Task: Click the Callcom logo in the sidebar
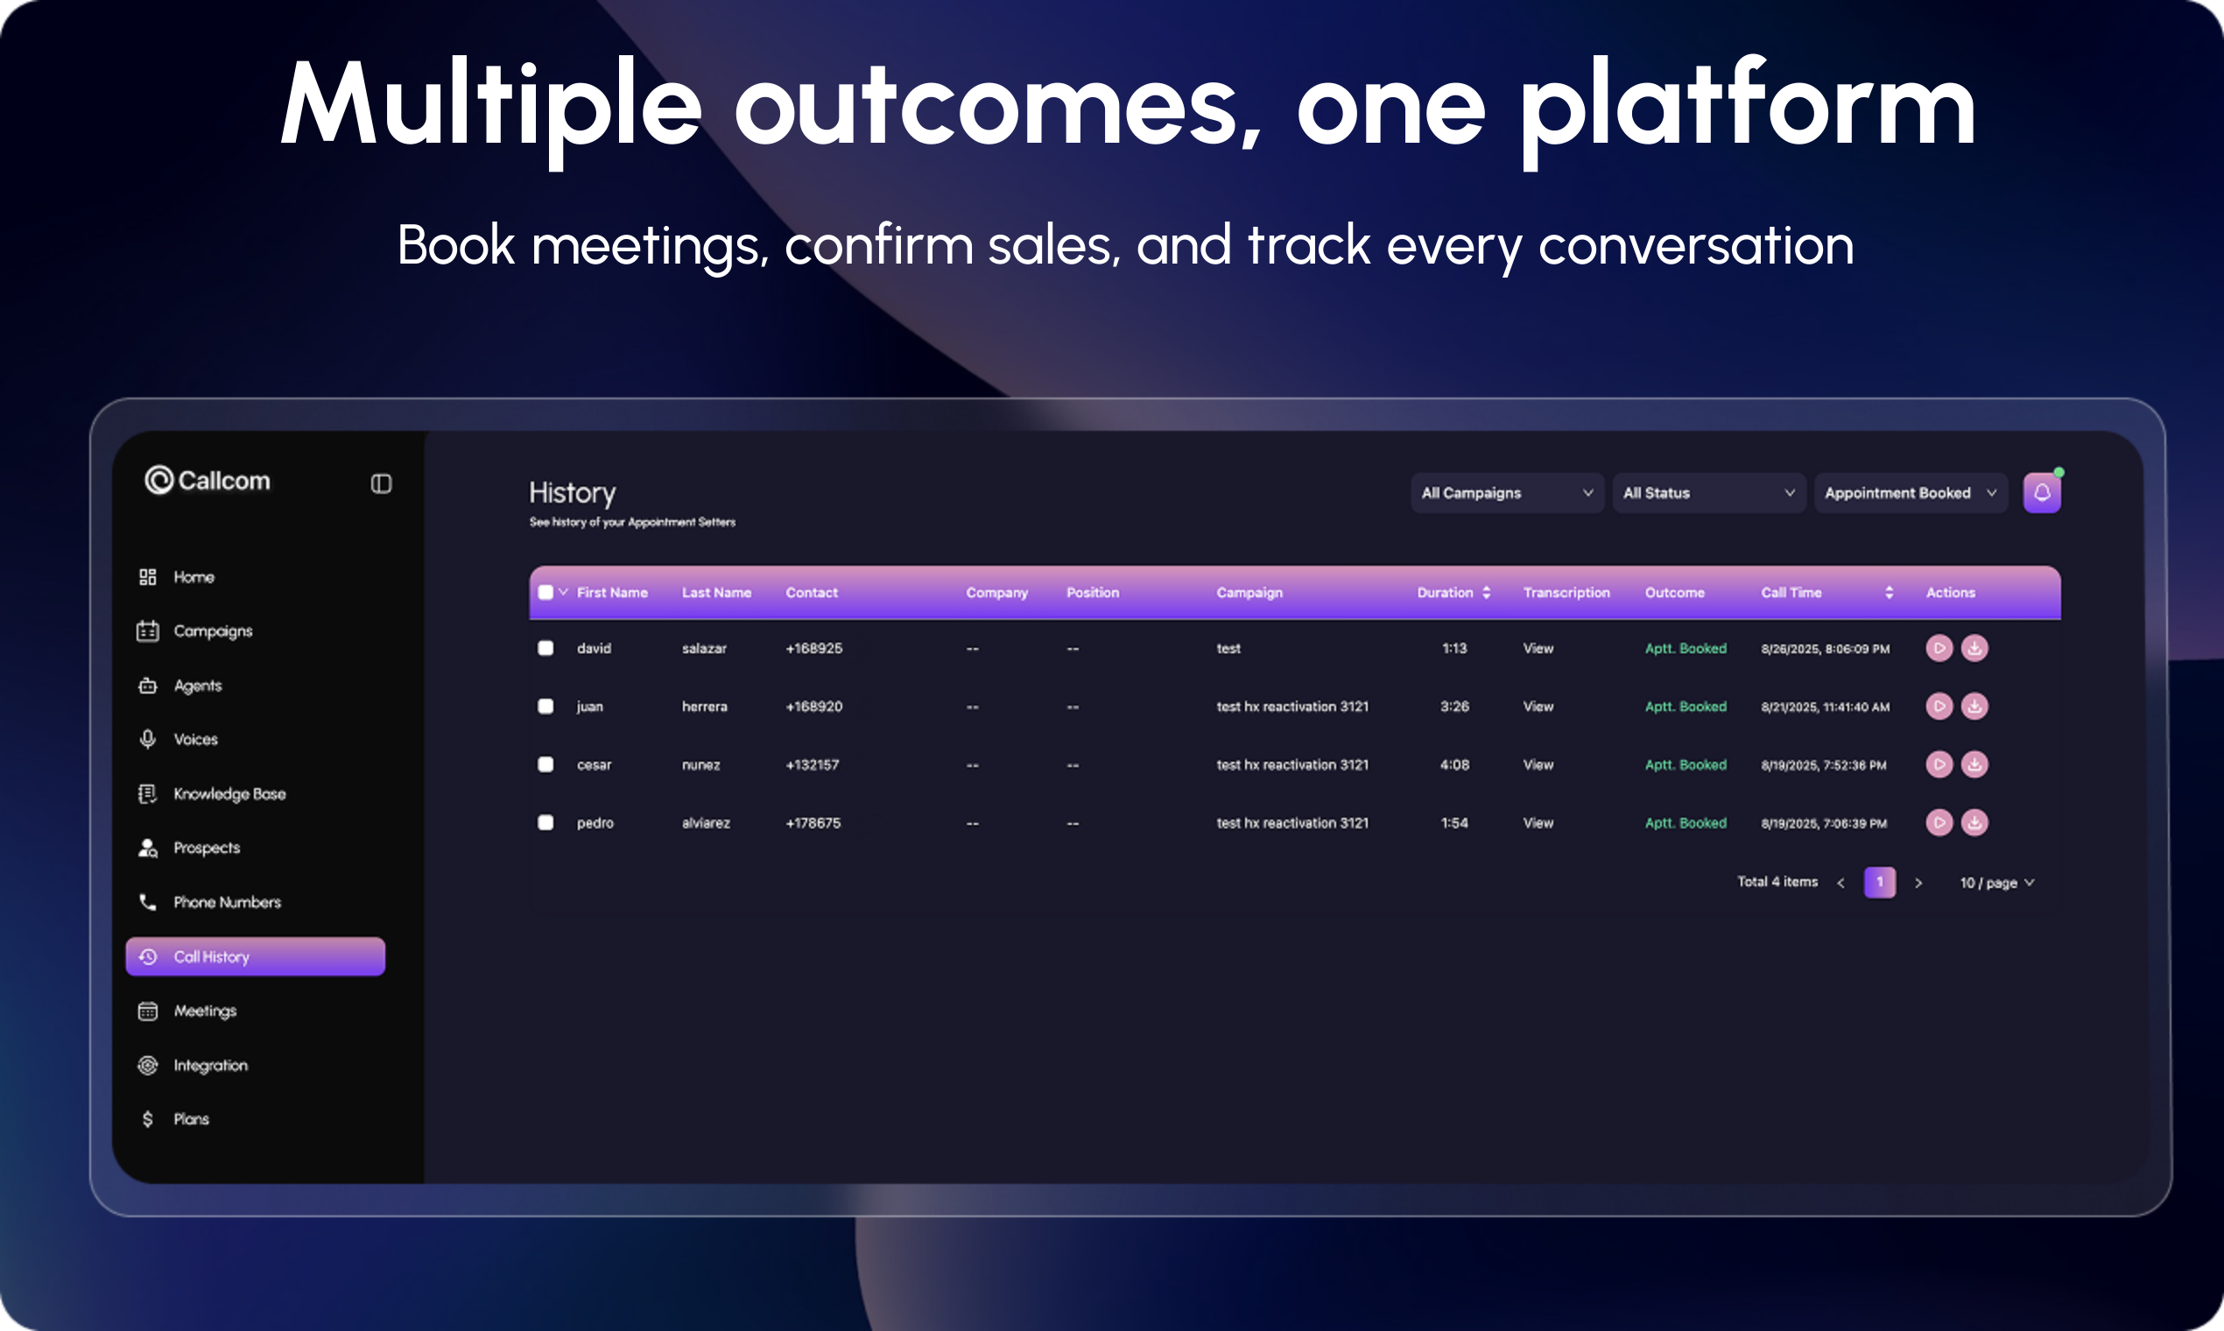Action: (208, 481)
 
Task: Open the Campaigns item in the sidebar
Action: (194, 630)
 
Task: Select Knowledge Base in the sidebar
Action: (212, 793)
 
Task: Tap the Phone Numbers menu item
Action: (209, 902)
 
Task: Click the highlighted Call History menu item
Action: (256, 957)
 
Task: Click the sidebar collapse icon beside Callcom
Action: (381, 484)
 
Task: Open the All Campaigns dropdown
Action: (1507, 493)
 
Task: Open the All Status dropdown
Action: (1709, 493)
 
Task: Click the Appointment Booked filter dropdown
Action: (1911, 493)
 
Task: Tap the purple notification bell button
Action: (2042, 493)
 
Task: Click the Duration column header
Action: (1453, 593)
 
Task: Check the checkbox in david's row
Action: (545, 649)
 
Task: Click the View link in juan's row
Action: (1538, 707)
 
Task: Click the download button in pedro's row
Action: (1974, 822)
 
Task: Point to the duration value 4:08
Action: (1454, 765)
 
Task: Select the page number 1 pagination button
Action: (1880, 883)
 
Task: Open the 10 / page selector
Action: (1997, 884)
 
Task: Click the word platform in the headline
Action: (1747, 108)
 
